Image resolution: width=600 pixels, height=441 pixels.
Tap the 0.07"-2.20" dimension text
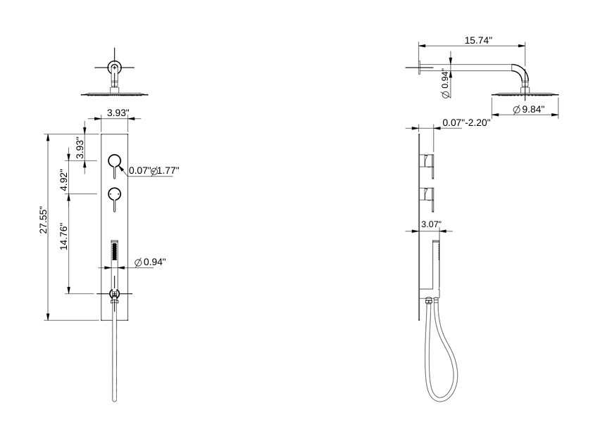466,122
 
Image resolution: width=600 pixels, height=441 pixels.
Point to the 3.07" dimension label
430,224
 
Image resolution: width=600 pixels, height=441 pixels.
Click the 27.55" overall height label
42,220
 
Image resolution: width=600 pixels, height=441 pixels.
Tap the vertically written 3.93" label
80,148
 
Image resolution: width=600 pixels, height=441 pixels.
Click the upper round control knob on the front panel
114,162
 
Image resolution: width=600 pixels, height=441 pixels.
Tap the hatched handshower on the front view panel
114,252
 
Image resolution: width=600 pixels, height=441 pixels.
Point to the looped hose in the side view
444,366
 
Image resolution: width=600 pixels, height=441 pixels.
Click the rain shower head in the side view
524,93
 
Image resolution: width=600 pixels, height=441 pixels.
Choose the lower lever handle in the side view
429,197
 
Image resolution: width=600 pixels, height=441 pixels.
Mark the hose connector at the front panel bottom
114,295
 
